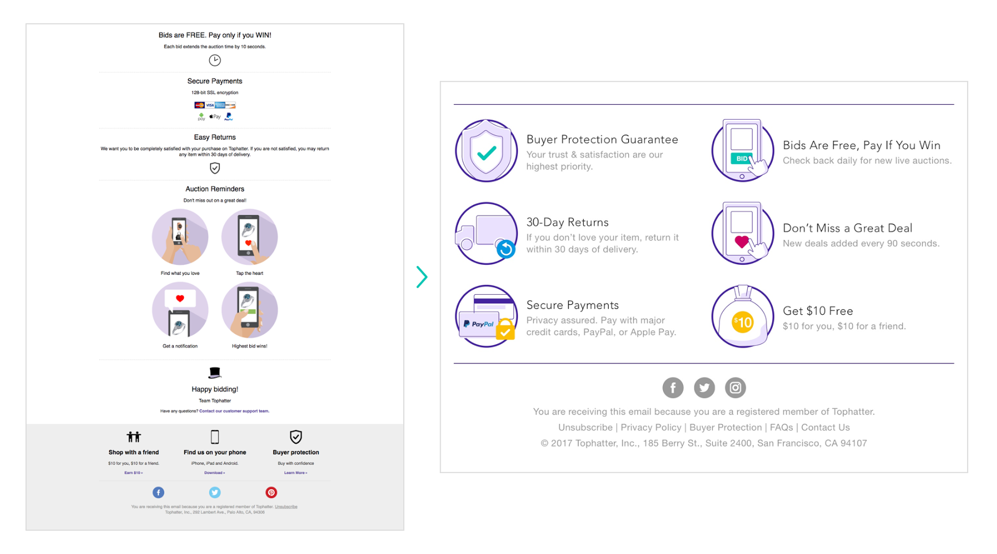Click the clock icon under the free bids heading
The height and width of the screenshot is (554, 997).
(214, 60)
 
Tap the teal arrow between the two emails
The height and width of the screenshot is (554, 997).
(422, 277)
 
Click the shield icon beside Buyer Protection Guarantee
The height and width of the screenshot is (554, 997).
(486, 151)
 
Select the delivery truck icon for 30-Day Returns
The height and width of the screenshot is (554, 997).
(486, 234)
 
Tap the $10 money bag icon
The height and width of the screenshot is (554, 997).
(743, 317)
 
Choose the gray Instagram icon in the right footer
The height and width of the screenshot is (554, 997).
(735, 388)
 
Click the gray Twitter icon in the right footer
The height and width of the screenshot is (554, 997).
(704, 388)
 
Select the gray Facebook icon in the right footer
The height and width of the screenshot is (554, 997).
(673, 388)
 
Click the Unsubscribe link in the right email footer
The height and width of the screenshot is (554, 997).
(585, 427)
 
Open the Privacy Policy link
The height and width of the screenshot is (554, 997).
(651, 427)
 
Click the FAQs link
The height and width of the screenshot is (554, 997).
(781, 427)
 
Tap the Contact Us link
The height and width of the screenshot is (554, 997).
(825, 427)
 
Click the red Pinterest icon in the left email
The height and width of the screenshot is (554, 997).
(271, 492)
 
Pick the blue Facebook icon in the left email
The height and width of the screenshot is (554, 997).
(158, 492)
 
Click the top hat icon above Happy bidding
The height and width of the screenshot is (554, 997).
(214, 373)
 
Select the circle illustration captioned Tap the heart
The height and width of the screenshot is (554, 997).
(249, 237)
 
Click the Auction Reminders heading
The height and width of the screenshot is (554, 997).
(214, 189)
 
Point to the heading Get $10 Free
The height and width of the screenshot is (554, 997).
(818, 311)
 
